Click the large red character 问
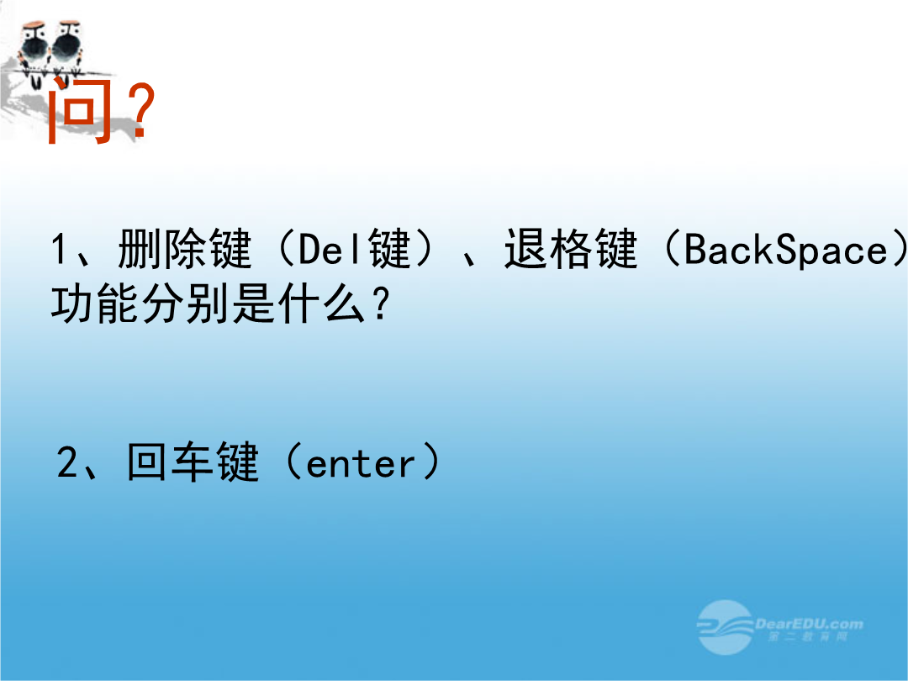tap(79, 110)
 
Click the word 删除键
tap(185, 249)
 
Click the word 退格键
tap(571, 249)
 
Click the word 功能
tap(96, 304)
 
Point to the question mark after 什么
tap(381, 304)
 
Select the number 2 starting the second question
tap(67, 462)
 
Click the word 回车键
tap(193, 462)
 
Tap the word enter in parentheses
tap(361, 464)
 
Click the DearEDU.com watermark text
tap(809, 624)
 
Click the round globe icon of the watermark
tap(725, 627)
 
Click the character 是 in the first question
tap(254, 304)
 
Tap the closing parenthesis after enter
tap(430, 462)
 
